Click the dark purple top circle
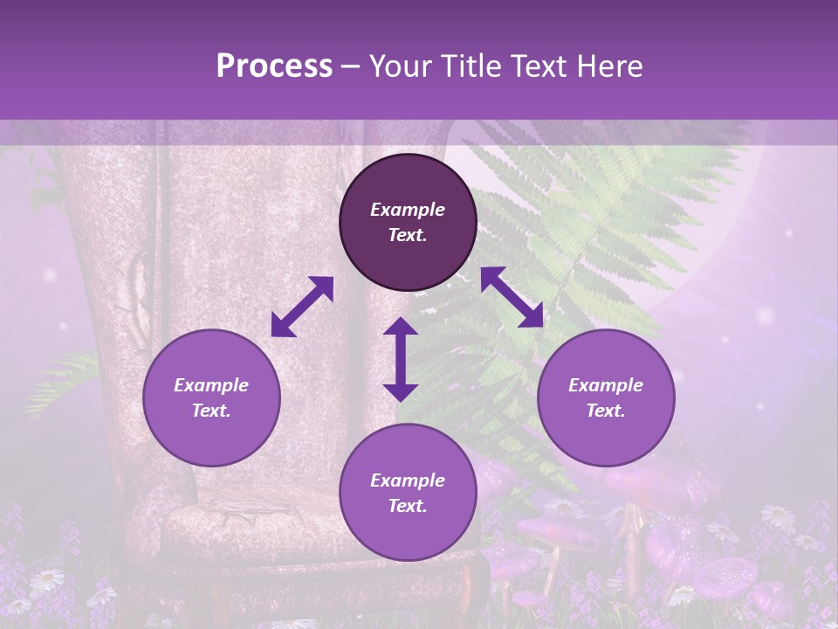point(408,223)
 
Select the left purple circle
point(211,397)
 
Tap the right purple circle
point(606,397)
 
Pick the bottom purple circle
point(408,493)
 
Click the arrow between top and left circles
point(302,307)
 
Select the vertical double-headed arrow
point(401,359)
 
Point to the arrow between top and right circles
point(512,297)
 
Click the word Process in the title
point(274,66)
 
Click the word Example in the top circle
point(408,210)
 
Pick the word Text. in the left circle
point(211,411)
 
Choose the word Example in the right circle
point(606,385)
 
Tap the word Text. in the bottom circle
point(408,506)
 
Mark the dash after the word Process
point(351,66)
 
